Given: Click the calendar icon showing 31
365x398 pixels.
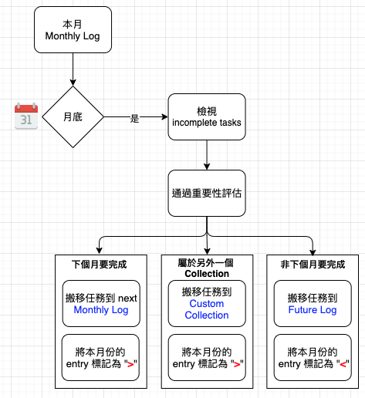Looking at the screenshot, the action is pyautogui.click(x=26, y=116).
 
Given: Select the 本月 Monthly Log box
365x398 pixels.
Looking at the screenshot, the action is pyautogui.click(x=73, y=30).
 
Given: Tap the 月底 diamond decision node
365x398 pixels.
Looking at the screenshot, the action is pyautogui.click(x=73, y=117).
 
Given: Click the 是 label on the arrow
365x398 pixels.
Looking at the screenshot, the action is pyautogui.click(x=134, y=118).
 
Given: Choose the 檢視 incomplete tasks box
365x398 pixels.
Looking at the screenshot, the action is pyautogui.click(x=207, y=117).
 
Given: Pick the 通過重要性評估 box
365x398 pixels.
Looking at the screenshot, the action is pyautogui.click(x=207, y=193).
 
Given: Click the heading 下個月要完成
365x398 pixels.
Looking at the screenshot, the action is pyautogui.click(x=100, y=265).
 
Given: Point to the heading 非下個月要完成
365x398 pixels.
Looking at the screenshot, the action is pyautogui.click(x=313, y=265).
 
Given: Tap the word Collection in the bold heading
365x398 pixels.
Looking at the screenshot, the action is pyautogui.click(x=207, y=274).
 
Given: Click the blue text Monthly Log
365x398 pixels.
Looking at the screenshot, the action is pyautogui.click(x=101, y=310).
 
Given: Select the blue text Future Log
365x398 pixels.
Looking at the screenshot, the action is pyautogui.click(x=313, y=310).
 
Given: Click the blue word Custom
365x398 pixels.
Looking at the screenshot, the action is pyautogui.click(x=207, y=304).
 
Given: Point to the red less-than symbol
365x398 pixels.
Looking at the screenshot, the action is pyautogui.click(x=343, y=364).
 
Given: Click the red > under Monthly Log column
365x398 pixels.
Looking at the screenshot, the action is pyautogui.click(x=130, y=364).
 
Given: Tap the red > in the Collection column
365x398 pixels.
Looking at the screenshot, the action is pyautogui.click(x=237, y=364).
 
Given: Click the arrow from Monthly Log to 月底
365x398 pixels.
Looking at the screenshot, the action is pyautogui.click(x=73, y=69).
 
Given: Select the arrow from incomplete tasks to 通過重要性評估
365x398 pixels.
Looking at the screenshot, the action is pyautogui.click(x=207, y=155).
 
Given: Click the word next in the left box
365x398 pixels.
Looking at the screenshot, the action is pyautogui.click(x=127, y=298).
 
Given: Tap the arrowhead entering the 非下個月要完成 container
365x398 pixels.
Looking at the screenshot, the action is pyautogui.click(x=313, y=252).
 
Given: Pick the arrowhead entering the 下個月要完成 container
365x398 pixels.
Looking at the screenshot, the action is pyautogui.click(x=100, y=251).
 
